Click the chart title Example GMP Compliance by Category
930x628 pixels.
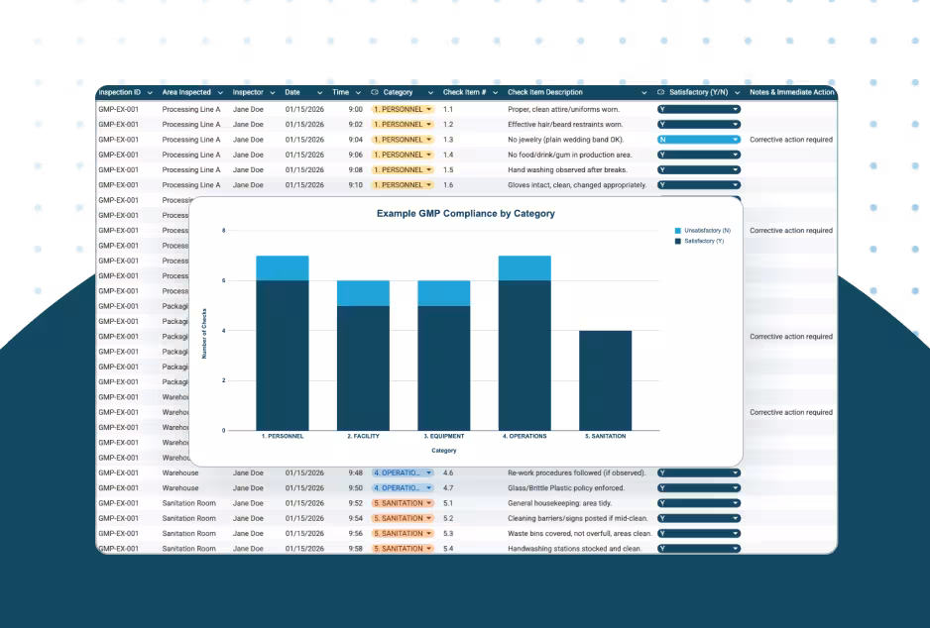coord(465,214)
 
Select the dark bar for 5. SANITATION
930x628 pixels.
coord(605,380)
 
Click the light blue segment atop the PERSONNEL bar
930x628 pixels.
coord(282,267)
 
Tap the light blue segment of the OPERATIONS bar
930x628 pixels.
coord(524,267)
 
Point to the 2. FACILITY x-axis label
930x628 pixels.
coord(363,436)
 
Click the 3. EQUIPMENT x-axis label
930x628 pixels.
coord(443,436)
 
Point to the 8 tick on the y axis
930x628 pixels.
coord(223,231)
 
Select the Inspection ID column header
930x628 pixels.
coord(119,92)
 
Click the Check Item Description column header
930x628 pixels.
coord(545,92)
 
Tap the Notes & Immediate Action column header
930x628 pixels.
coord(791,92)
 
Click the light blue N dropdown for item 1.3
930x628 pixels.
coord(698,140)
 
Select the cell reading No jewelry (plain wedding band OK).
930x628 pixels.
coord(565,140)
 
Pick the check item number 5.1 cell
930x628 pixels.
coord(448,503)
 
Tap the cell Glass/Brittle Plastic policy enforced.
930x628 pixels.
coord(566,488)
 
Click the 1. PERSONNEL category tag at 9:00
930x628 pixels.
coord(402,109)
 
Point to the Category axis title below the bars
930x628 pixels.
coord(443,451)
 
